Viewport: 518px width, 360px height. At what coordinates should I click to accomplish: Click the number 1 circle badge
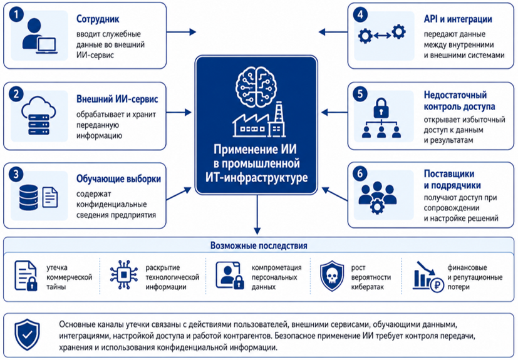click(x=16, y=14)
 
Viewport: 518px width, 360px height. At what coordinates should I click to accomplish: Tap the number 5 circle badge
click(x=360, y=94)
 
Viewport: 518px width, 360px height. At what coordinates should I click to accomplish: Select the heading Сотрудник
click(x=98, y=19)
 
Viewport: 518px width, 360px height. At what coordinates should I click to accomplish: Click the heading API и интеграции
click(x=458, y=19)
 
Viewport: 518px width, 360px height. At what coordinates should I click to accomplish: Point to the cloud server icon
click(x=38, y=115)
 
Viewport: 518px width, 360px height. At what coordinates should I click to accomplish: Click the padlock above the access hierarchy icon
click(x=381, y=107)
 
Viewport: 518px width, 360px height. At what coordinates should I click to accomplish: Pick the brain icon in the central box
click(x=256, y=86)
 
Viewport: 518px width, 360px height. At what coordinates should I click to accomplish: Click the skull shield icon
click(x=332, y=275)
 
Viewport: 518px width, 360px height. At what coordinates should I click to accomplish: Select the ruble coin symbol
click(x=437, y=285)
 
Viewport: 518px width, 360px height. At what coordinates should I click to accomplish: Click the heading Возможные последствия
click(x=259, y=245)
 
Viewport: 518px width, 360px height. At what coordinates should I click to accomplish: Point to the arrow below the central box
click(x=257, y=215)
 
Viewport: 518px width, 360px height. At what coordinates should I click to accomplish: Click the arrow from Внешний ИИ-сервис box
click(x=179, y=112)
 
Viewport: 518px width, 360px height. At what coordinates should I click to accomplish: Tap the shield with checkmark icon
click(x=27, y=334)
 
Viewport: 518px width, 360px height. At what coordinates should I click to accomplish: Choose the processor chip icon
click(x=124, y=275)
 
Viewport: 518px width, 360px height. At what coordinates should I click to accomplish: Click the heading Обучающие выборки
click(x=118, y=179)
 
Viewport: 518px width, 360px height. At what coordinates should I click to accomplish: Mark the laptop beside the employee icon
click(x=46, y=46)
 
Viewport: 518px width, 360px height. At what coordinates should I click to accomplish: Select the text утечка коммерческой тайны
click(x=69, y=277)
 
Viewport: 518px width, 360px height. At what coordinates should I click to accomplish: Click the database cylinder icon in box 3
click(x=28, y=197)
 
